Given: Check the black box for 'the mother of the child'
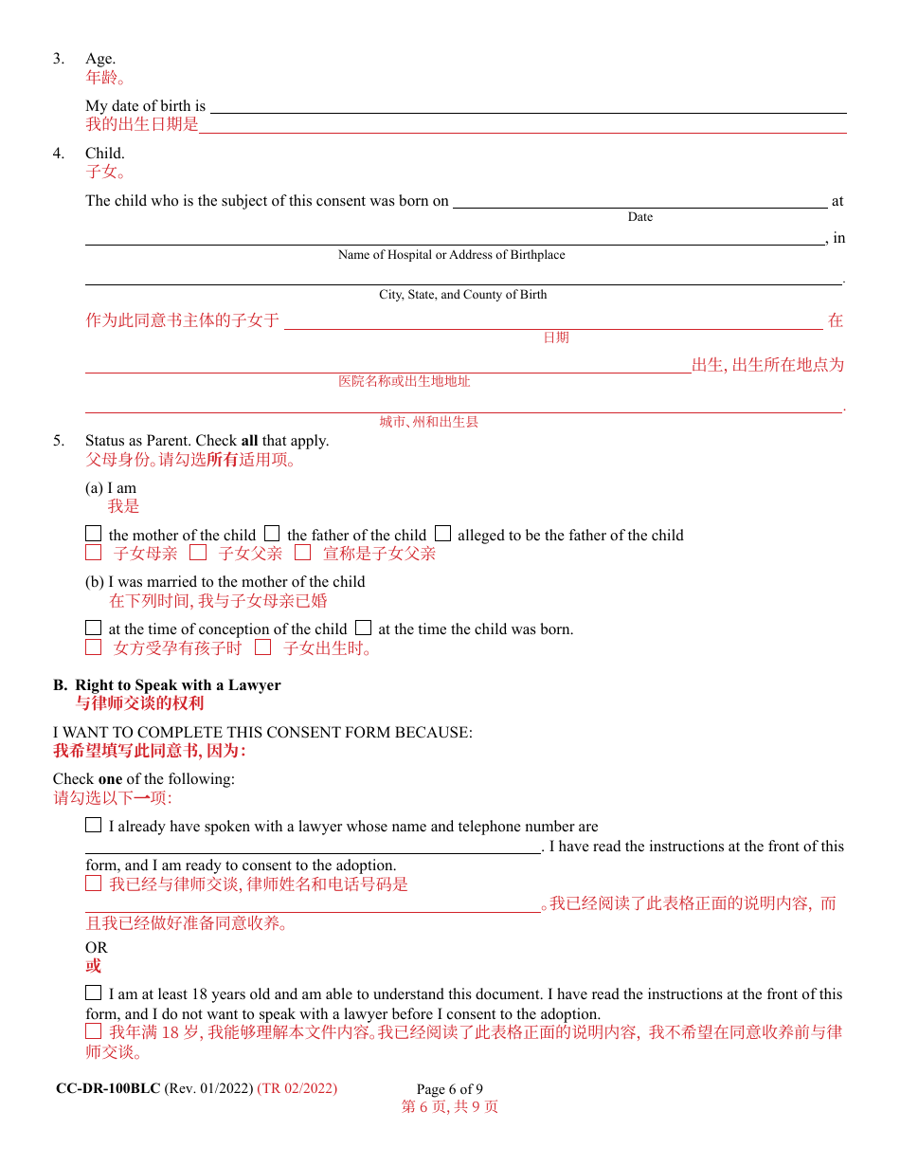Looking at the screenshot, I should (93, 534).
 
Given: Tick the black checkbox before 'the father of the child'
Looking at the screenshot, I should (272, 534).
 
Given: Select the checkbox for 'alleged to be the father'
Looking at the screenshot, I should (442, 534).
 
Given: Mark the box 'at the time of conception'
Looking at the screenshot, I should (93, 628).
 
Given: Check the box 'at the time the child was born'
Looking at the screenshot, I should (363, 628).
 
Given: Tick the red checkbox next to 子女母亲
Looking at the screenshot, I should (93, 553).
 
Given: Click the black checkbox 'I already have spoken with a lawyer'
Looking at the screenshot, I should (93, 825).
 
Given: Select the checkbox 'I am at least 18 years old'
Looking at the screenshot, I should (93, 993).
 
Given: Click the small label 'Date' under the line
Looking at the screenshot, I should (640, 217).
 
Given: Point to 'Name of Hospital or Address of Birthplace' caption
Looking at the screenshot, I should (451, 255).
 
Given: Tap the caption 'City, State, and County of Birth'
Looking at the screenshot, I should (462, 295).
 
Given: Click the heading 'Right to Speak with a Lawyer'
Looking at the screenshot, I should (178, 684).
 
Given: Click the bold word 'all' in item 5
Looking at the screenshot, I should (249, 441).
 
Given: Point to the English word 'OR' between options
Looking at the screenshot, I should (97, 948).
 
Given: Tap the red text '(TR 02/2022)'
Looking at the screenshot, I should (297, 1088).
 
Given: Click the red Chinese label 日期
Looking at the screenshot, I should (556, 337).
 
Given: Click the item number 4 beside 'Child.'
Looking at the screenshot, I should (59, 154).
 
